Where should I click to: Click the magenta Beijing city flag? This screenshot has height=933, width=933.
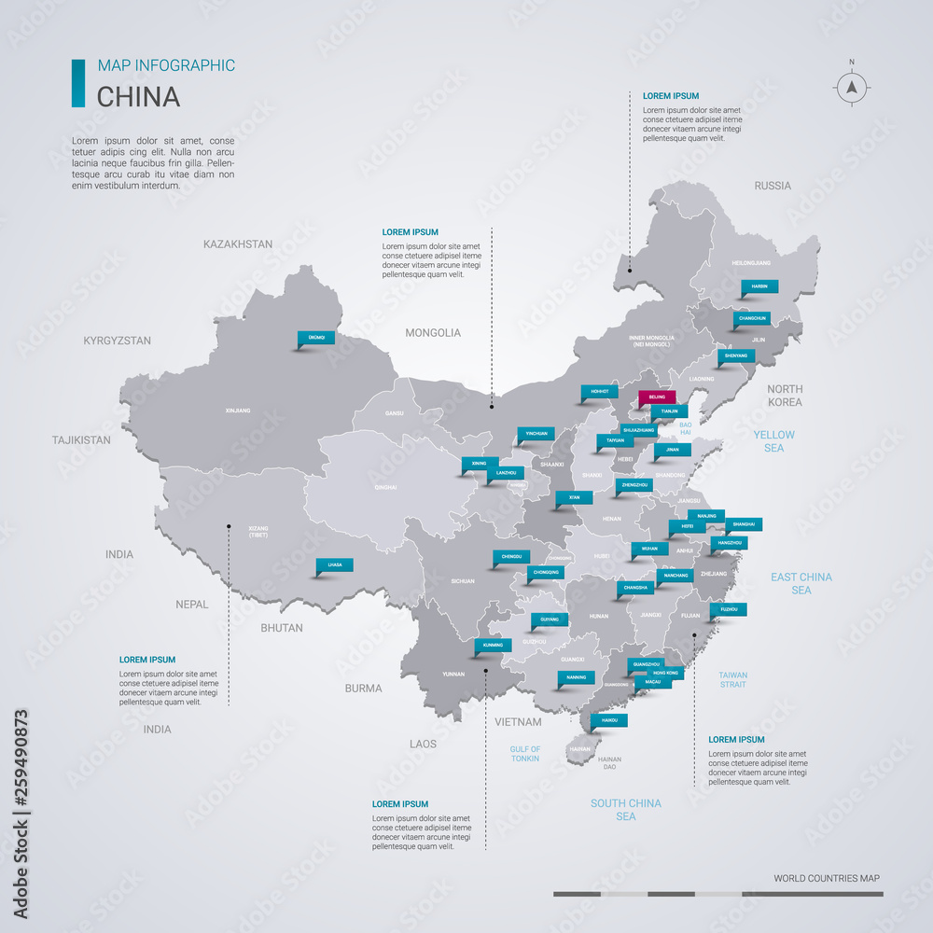(657, 397)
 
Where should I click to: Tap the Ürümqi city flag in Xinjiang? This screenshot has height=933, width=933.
(316, 338)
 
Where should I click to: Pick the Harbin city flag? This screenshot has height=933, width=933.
(759, 285)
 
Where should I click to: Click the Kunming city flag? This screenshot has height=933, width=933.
(494, 645)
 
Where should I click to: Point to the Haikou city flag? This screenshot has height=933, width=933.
(609, 720)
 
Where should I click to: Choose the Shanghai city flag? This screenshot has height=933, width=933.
(744, 523)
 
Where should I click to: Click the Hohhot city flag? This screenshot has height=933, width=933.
(599, 391)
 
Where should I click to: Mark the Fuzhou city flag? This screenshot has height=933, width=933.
(729, 609)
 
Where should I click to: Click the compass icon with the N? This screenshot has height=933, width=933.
(851, 87)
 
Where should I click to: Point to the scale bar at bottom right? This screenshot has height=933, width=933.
(717, 894)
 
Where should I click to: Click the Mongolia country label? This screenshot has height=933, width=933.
(433, 332)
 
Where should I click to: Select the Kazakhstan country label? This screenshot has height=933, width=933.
(238, 244)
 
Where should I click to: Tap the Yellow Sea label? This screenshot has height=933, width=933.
(774, 441)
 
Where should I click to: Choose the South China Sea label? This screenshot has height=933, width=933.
(625, 810)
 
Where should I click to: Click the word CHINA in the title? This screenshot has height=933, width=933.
(139, 96)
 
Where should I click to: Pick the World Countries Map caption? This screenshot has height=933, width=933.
(826, 878)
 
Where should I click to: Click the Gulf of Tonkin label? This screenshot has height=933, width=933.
(524, 754)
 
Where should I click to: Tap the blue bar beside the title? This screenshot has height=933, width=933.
(78, 83)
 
